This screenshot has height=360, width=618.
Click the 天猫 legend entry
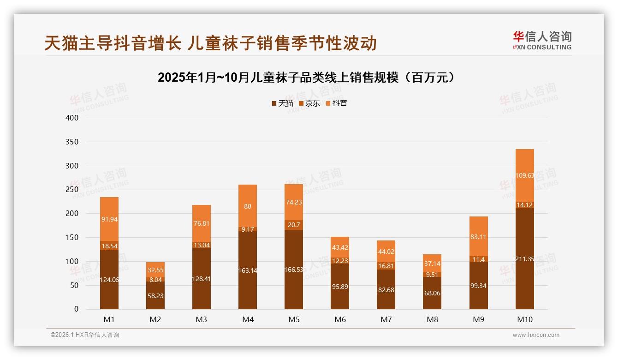(x=283, y=103)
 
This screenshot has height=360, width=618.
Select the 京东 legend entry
(x=309, y=103)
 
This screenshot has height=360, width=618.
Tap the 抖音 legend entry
(x=336, y=103)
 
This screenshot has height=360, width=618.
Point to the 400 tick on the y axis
(x=72, y=118)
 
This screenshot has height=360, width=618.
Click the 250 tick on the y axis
(x=72, y=190)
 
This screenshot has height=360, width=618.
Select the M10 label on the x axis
(x=524, y=319)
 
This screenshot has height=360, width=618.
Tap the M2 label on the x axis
(x=155, y=319)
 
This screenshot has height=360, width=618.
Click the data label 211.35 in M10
(x=524, y=259)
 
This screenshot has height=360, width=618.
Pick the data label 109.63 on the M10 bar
(x=524, y=175)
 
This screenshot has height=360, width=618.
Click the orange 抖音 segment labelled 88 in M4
(x=248, y=206)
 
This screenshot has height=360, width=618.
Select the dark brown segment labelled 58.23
(x=155, y=295)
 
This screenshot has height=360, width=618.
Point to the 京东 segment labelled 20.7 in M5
(x=294, y=225)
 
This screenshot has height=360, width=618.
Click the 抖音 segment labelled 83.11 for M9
(x=478, y=237)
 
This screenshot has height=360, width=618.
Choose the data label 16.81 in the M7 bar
(x=386, y=266)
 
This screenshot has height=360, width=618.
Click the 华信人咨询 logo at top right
(x=542, y=40)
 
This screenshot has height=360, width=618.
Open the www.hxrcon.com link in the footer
(x=536, y=335)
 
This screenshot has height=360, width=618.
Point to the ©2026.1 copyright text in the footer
(x=85, y=335)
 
